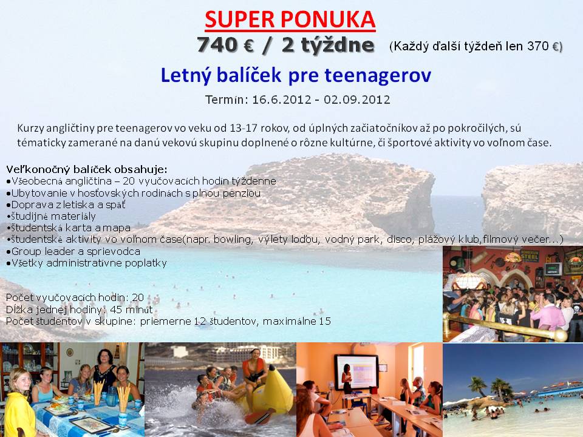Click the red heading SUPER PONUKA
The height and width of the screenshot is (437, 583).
click(290, 19)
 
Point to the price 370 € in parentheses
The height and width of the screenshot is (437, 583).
click(543, 46)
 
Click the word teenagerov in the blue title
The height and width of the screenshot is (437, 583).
click(378, 75)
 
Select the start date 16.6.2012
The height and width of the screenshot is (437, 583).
click(281, 100)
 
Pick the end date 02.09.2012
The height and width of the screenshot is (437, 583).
click(357, 100)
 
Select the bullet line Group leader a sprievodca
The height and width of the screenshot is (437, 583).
click(73, 251)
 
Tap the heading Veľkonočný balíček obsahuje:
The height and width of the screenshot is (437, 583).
click(87, 170)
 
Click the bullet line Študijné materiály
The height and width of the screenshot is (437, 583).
click(51, 216)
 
